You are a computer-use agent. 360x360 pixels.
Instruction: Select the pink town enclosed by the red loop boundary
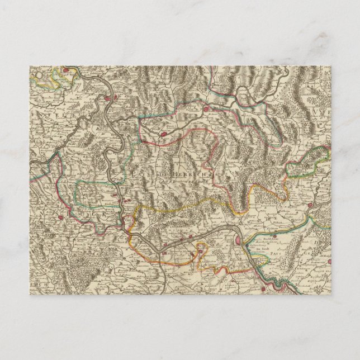pos(163,133)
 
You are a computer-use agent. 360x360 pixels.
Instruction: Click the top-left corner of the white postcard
pos(29,66)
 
